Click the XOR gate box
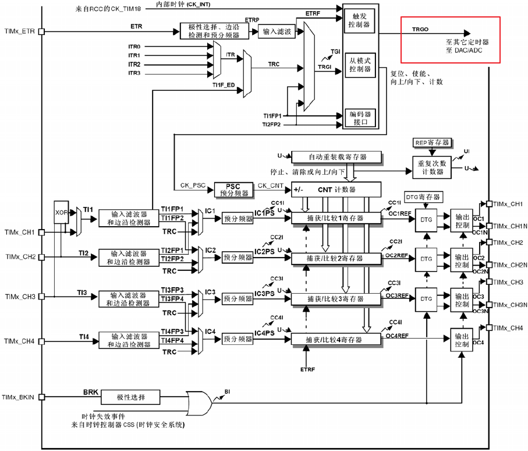[x=61, y=212]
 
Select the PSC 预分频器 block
[x=233, y=190]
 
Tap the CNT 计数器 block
[x=336, y=189]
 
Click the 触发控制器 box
[x=359, y=20]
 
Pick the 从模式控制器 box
[x=360, y=65]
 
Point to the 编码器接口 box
[x=360, y=118]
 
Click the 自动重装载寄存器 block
[x=336, y=157]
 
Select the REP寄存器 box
[x=432, y=143]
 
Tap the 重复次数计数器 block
[x=432, y=168]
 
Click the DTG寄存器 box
[x=423, y=197]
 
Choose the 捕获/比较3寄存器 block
[x=336, y=299]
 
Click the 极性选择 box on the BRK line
[x=130, y=397]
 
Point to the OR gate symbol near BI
[x=199, y=403]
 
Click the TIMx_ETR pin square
[x=41, y=31]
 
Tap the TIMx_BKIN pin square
[x=41, y=397]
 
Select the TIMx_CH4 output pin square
[x=489, y=327]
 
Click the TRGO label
[x=420, y=29]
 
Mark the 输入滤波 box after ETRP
[x=277, y=31]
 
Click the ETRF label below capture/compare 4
[x=307, y=369]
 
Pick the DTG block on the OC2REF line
[x=426, y=259]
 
